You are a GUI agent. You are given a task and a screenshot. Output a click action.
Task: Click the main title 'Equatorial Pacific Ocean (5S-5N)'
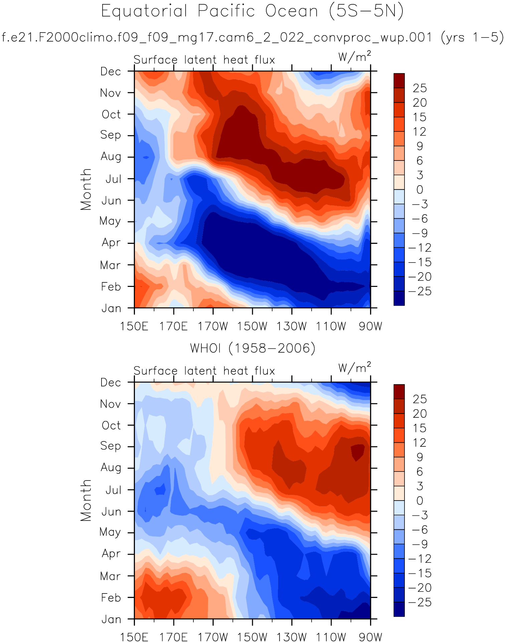tap(252, 11)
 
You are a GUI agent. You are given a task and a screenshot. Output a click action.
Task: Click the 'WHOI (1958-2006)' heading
tap(252, 348)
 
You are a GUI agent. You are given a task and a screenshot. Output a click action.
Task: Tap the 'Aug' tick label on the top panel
tap(111, 156)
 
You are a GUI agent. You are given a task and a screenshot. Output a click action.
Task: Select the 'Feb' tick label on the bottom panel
tap(111, 598)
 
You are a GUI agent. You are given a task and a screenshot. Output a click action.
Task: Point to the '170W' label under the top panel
tap(213, 326)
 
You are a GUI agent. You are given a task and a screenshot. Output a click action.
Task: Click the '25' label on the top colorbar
tap(419, 88)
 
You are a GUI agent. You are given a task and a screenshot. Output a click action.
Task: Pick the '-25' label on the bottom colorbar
tap(419, 603)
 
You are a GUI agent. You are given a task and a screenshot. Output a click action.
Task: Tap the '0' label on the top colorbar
tap(419, 190)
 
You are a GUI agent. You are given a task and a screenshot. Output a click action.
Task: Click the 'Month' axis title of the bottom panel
tap(86, 500)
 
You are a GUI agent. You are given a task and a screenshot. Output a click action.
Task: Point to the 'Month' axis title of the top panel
tap(86, 189)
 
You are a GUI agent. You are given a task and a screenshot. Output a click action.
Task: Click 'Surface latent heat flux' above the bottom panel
tap(204, 371)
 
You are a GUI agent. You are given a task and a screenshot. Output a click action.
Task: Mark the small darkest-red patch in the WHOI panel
tap(358, 451)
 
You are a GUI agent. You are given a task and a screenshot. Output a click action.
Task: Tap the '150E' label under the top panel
tap(134, 326)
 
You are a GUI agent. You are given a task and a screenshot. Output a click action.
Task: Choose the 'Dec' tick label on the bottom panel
tap(111, 383)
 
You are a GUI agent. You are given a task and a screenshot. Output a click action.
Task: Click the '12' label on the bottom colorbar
tap(419, 443)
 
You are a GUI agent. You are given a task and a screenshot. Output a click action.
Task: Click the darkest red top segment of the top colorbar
tap(399, 81)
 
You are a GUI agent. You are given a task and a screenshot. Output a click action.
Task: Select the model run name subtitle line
tap(252, 37)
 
